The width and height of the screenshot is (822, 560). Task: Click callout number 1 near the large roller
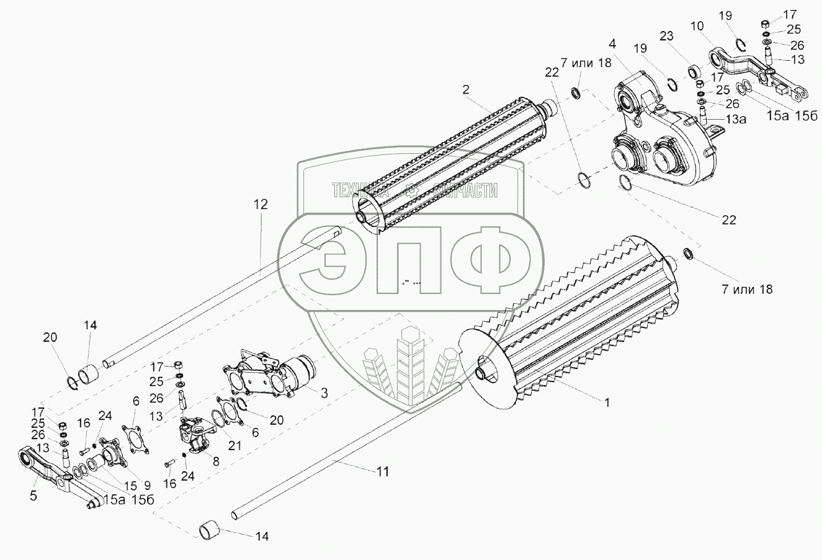pos(607,402)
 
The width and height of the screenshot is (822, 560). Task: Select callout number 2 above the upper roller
pos(465,89)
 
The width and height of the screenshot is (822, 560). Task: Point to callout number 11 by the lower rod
pos(383,472)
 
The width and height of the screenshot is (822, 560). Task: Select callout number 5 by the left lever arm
pos(33,495)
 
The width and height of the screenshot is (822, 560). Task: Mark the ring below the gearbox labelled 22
pos(627,183)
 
